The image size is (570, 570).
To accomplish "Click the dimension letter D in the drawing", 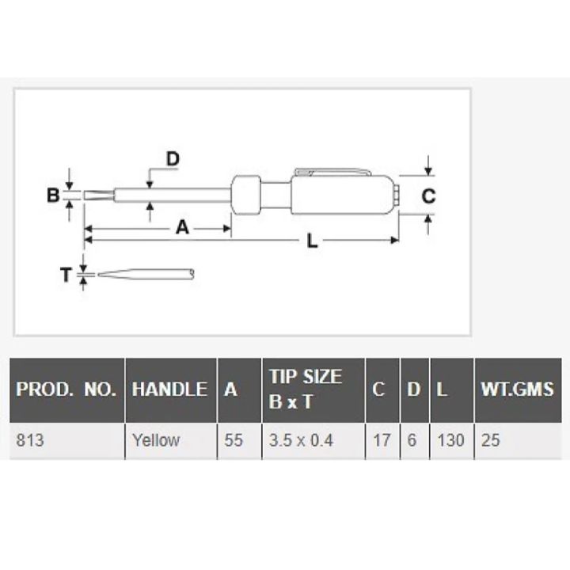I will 172,159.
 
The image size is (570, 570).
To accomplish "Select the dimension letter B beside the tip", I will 53,195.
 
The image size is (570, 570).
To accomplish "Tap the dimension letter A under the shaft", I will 182,228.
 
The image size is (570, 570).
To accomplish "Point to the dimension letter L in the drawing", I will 312,243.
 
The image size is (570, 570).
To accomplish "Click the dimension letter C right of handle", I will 427,196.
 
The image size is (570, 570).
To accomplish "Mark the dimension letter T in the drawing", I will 66,275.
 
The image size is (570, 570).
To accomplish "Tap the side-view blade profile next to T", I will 142,275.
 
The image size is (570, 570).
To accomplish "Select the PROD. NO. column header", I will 66,389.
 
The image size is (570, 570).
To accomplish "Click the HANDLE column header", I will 169,389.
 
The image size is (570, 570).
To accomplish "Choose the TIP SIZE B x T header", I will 305,389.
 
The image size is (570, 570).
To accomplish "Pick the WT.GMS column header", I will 517,389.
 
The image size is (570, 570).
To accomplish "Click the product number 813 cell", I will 30,440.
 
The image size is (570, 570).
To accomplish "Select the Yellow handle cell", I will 155,440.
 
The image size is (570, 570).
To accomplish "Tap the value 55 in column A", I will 234,440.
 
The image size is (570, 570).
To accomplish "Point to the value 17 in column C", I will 382,440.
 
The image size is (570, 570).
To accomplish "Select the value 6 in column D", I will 412,440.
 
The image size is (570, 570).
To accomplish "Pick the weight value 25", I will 491,440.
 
